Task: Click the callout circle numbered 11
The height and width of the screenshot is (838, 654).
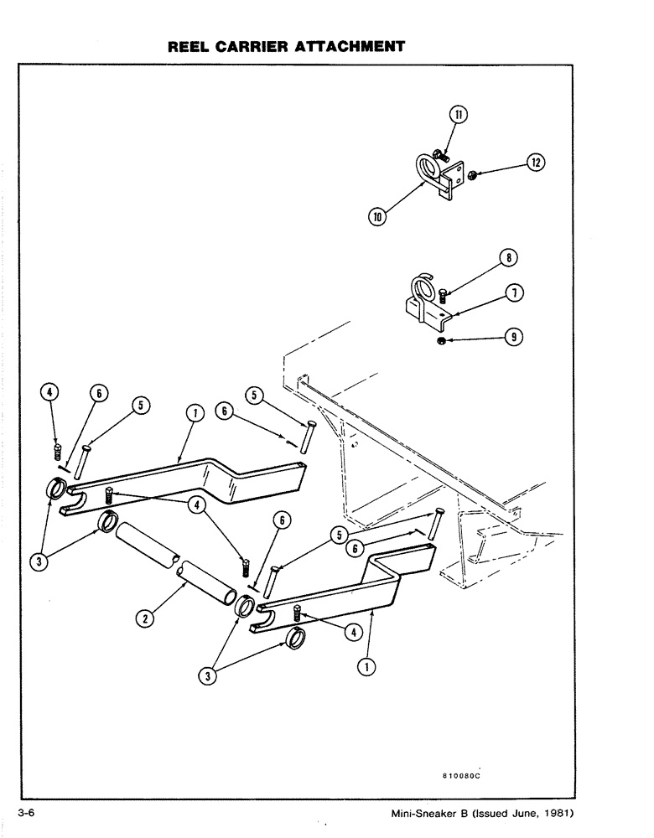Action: coord(459,115)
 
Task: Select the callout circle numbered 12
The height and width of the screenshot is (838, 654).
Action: coord(536,163)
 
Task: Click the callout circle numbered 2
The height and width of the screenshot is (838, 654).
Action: coord(144,619)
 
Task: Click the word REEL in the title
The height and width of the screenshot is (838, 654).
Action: coord(194,47)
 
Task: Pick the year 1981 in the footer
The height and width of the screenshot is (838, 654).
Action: coord(553,815)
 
